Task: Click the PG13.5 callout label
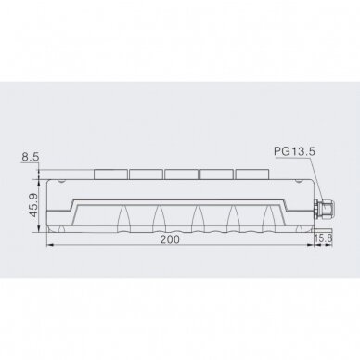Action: (x=294, y=151)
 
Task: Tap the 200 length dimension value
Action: (x=170, y=239)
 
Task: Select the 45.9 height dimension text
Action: (x=33, y=205)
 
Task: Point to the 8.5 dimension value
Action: (x=31, y=157)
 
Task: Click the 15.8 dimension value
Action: (x=323, y=238)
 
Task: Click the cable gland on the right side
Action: (x=324, y=209)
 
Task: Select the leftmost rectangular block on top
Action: (x=110, y=174)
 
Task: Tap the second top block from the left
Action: (x=146, y=174)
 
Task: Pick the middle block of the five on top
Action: (x=182, y=174)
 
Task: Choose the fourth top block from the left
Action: (x=217, y=174)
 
